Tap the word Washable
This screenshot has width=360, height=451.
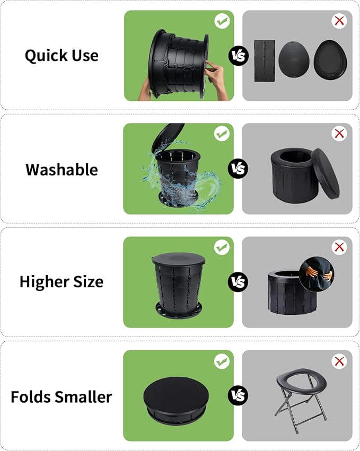pos(62,170)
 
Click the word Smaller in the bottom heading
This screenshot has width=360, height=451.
pos(83,397)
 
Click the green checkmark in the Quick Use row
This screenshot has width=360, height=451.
pos(222,21)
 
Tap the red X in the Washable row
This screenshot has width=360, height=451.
pos(339,134)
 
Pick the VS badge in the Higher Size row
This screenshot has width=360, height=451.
pos(238,282)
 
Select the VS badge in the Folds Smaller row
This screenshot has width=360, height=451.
pos(238,395)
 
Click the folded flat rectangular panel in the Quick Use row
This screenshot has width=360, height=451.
pos(265,61)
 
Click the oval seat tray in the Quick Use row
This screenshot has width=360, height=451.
pos(330,59)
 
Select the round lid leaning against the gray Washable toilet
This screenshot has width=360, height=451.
pos(325,174)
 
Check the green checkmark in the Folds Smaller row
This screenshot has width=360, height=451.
pos(222,361)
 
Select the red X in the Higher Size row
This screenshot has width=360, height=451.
pos(339,247)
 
